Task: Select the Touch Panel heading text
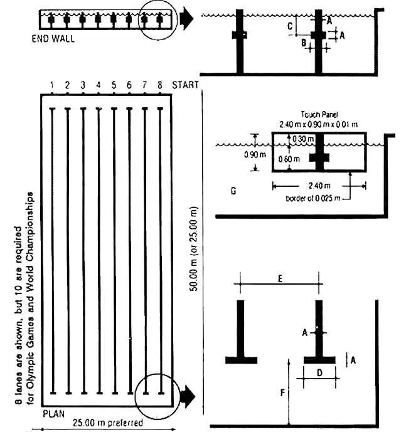(x=319, y=115)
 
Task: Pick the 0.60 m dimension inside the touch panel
(x=293, y=159)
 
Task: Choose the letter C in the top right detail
(x=289, y=26)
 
